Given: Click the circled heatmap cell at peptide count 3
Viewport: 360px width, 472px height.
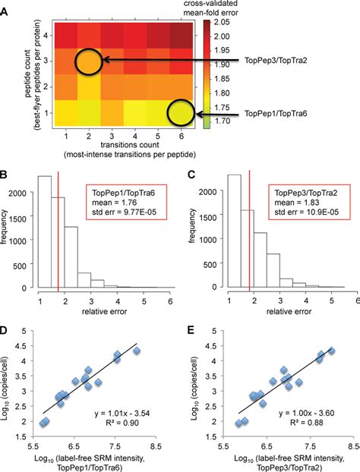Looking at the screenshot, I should click(x=89, y=62).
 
